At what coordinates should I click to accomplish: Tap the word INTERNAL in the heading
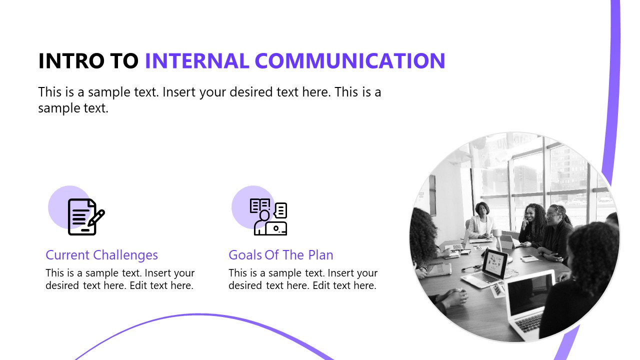(x=196, y=61)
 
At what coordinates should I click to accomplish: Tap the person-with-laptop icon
(x=269, y=217)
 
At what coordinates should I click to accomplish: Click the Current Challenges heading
(x=101, y=255)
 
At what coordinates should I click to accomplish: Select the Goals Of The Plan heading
(x=280, y=255)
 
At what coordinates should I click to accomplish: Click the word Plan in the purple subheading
(x=320, y=255)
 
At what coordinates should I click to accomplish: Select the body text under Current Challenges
(x=120, y=279)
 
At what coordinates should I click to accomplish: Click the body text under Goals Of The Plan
(x=303, y=279)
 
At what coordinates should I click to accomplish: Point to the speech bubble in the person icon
(x=281, y=209)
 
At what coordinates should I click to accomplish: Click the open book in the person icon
(x=259, y=205)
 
